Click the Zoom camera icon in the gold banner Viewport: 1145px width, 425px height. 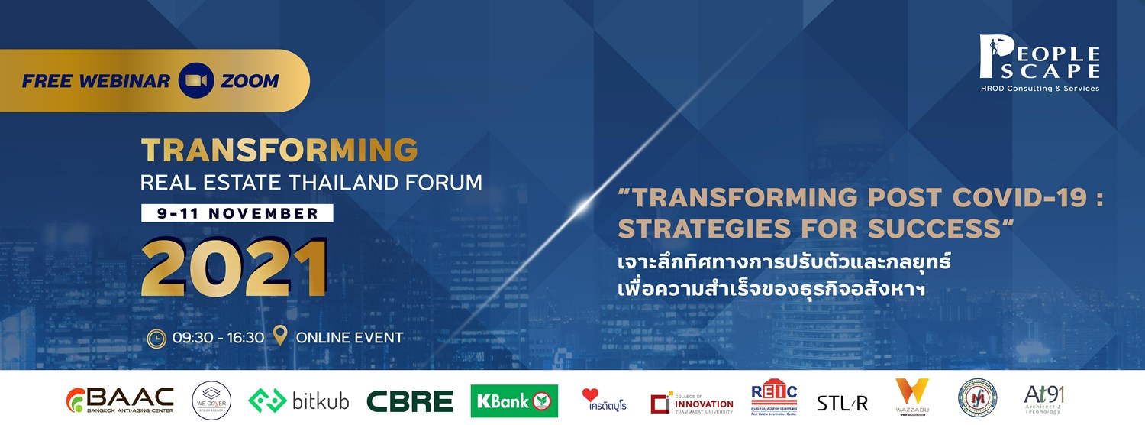pyautogui.click(x=195, y=81)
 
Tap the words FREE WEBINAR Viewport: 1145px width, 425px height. pyautogui.click(x=96, y=81)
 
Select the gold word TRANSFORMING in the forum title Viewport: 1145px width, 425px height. pyautogui.click(x=279, y=151)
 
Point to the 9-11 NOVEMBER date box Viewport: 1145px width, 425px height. pyautogui.click(x=237, y=213)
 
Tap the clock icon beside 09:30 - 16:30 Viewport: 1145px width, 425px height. pyautogui.click(x=156, y=336)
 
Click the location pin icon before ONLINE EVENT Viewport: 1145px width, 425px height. pyautogui.click(x=280, y=336)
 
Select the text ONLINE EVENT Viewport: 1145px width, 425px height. pyautogui.click(x=349, y=337)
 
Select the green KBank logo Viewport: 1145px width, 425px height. pyautogui.click(x=514, y=401)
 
